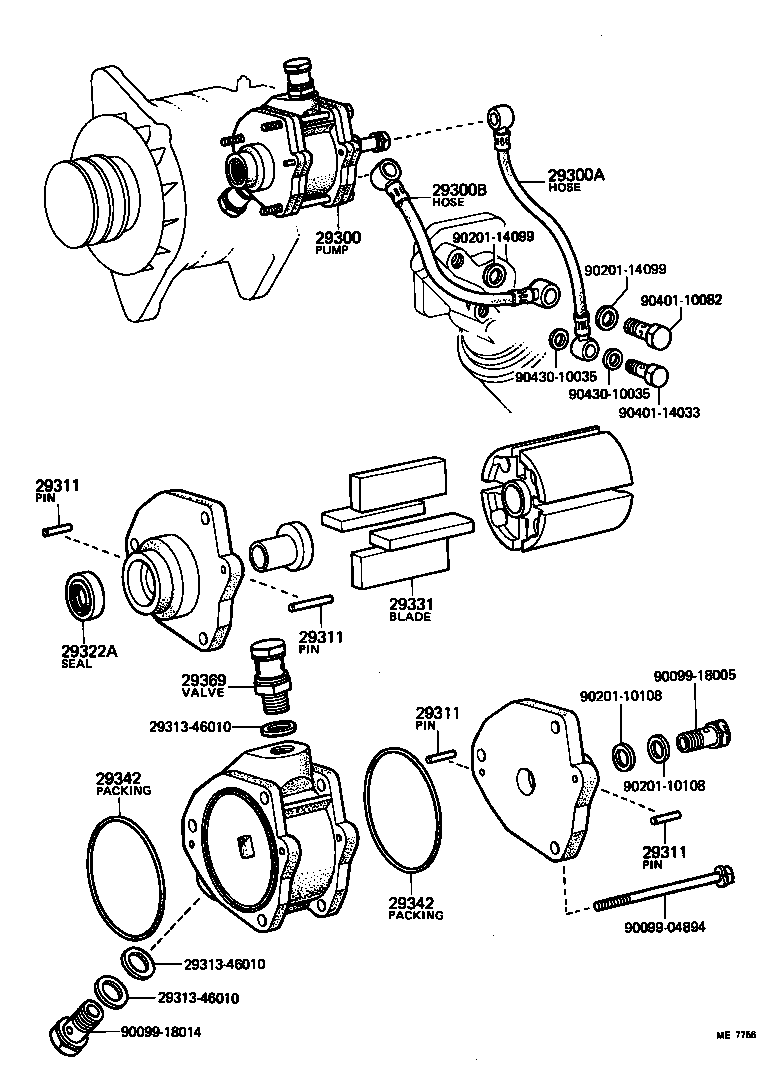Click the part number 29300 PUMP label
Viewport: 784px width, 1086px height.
[338, 243]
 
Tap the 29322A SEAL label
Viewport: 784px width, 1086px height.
[90, 656]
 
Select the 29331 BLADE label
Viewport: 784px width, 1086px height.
[410, 610]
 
